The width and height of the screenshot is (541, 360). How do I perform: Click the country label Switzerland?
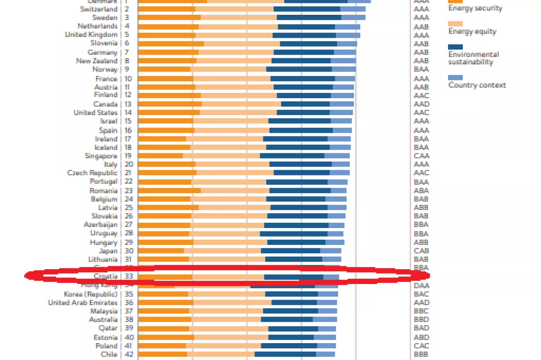click(x=99, y=9)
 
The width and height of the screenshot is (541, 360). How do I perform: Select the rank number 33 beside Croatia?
click(x=128, y=276)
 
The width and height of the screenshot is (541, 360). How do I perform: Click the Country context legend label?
click(x=477, y=85)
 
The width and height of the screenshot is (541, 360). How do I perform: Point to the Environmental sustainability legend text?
click(x=473, y=58)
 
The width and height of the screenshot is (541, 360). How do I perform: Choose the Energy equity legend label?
click(x=472, y=31)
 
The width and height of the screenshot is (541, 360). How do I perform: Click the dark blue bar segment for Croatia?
click(x=293, y=277)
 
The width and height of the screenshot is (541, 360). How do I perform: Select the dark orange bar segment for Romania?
click(x=169, y=191)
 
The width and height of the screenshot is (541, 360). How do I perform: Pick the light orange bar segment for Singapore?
click(x=221, y=156)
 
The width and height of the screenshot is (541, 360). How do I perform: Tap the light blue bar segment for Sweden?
click(x=353, y=18)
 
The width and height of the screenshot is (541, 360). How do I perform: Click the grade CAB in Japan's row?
click(x=421, y=251)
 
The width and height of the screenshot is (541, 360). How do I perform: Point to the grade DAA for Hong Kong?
click(x=421, y=285)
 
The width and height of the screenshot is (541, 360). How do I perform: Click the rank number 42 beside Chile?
click(x=128, y=354)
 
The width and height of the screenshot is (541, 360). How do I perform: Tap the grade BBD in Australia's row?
click(x=421, y=320)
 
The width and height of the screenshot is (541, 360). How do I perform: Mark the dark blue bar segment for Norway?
click(x=299, y=69)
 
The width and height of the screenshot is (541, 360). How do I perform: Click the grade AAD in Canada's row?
click(x=421, y=104)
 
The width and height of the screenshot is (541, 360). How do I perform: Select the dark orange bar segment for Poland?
click(x=162, y=346)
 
